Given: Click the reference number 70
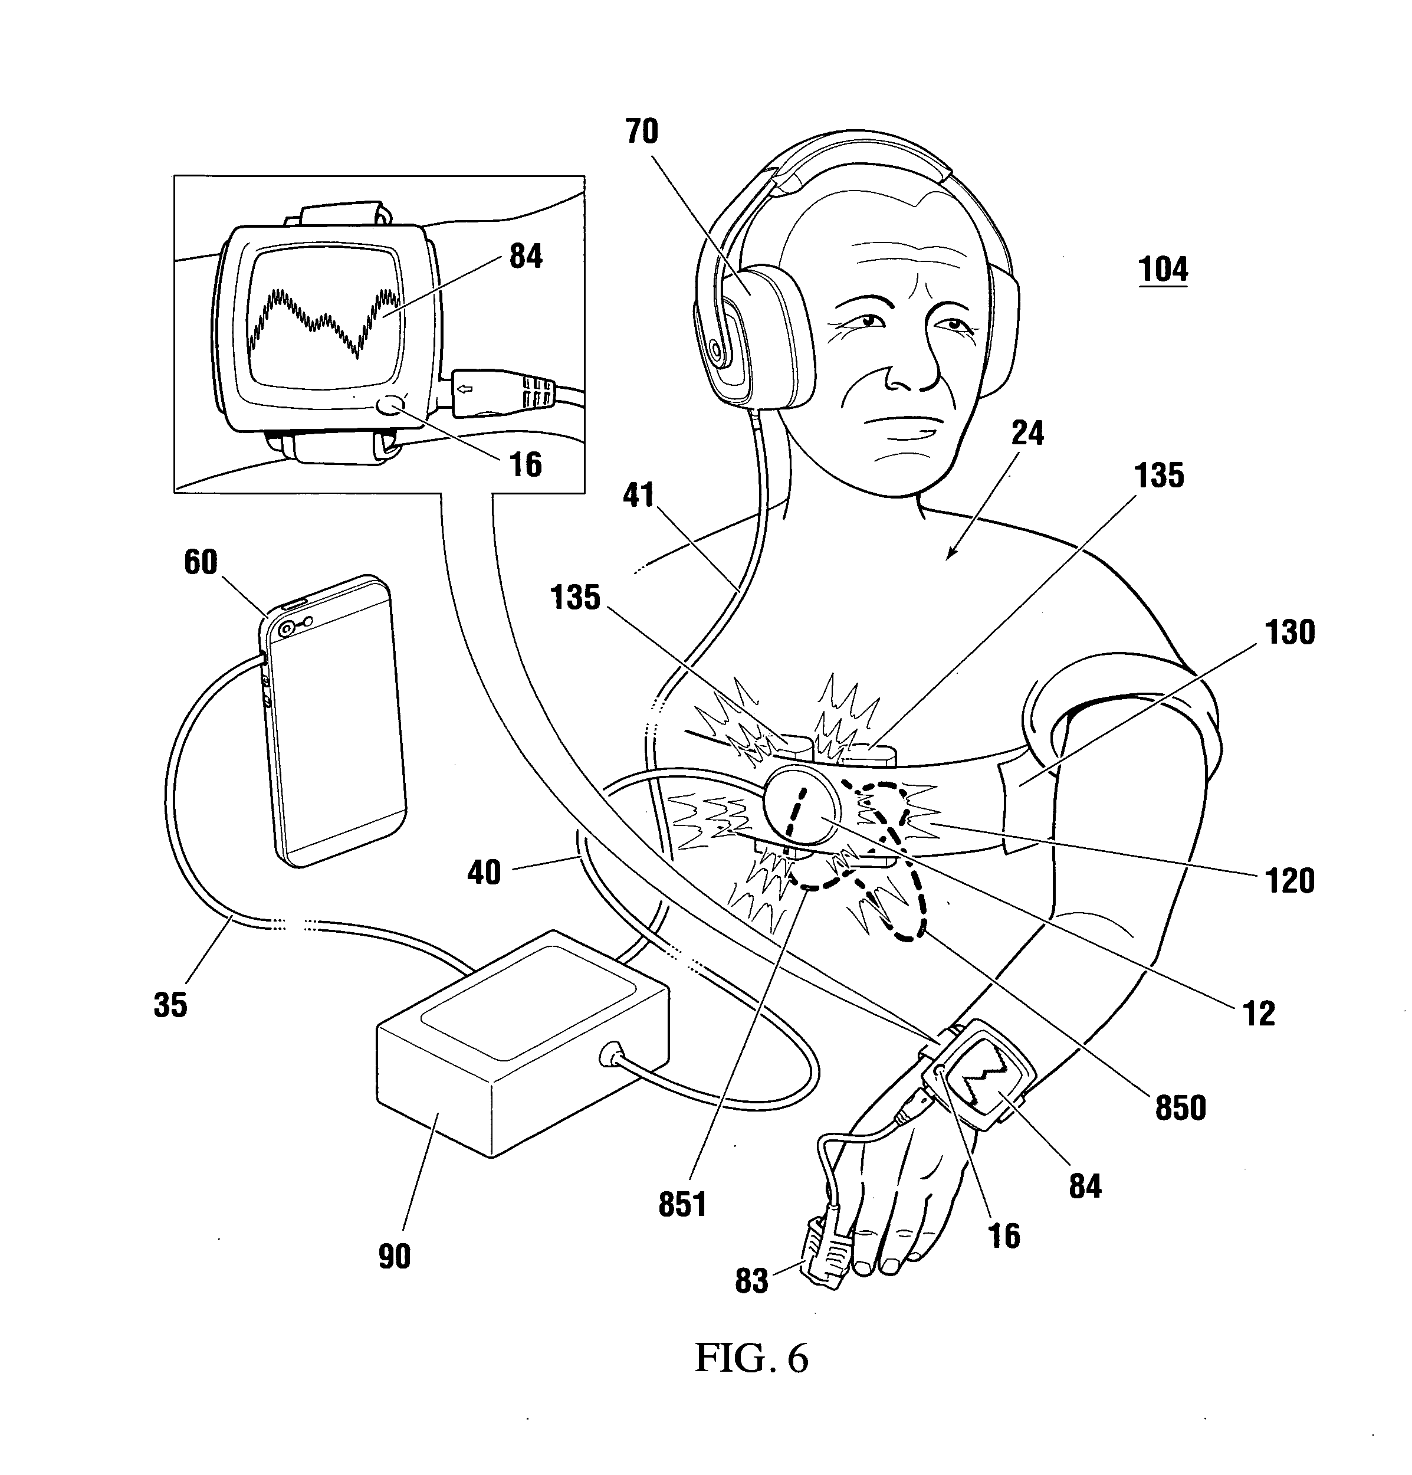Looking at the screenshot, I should [x=641, y=131].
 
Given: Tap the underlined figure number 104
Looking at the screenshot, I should [x=1163, y=270].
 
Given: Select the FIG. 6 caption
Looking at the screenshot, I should [x=750, y=1358].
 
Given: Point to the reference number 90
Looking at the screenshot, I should [x=394, y=1256].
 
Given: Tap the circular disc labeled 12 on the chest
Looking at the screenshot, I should [x=800, y=813].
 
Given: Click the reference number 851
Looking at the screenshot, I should [x=682, y=1204].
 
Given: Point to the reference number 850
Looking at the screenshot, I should [x=1180, y=1106].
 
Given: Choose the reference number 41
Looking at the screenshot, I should [x=639, y=495].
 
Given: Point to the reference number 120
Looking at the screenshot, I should [x=1289, y=880].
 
